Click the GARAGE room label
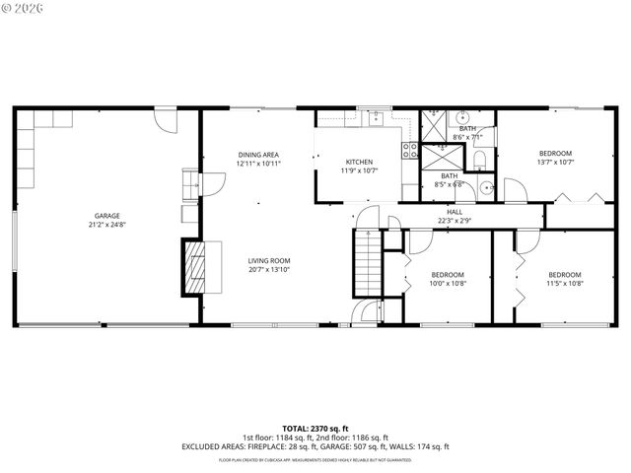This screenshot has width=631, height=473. click(x=106, y=216)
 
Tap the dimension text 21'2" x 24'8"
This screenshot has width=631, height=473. click(x=106, y=225)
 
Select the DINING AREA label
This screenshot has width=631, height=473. click(x=258, y=155)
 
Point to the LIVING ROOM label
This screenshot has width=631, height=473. click(x=269, y=261)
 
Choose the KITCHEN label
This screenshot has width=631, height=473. click(x=358, y=162)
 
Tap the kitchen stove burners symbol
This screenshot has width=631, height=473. click(x=410, y=151)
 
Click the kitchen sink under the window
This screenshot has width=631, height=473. click(x=375, y=118)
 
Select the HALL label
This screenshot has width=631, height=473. click(x=455, y=212)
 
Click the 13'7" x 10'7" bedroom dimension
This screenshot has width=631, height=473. click(x=555, y=163)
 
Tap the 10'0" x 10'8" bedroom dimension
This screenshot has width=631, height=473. click(x=449, y=284)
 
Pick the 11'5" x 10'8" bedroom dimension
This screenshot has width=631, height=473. click(x=565, y=284)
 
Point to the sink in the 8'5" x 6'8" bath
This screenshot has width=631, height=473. click(x=486, y=186)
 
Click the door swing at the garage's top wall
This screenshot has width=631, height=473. click(x=166, y=122)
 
